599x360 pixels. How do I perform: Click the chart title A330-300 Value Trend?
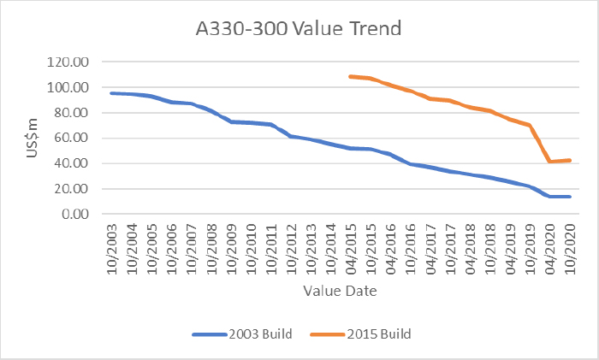click(x=299, y=28)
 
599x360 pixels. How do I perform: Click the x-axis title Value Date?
click(x=340, y=291)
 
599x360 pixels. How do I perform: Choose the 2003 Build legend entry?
click(x=246, y=333)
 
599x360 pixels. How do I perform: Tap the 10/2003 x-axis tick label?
click(x=112, y=248)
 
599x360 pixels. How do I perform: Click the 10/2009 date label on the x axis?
click(x=231, y=248)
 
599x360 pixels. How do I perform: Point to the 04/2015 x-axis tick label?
click(x=351, y=248)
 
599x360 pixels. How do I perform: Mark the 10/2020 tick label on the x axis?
click(x=570, y=248)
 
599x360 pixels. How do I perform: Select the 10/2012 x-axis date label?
click(x=291, y=248)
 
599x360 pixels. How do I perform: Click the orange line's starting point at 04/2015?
click(x=351, y=76)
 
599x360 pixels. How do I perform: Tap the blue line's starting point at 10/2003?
click(x=112, y=93)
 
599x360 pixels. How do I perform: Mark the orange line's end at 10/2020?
click(x=570, y=160)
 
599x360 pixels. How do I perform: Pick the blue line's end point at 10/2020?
click(x=570, y=197)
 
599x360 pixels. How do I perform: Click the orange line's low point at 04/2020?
click(x=550, y=162)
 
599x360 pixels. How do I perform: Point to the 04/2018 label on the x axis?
click(x=470, y=248)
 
